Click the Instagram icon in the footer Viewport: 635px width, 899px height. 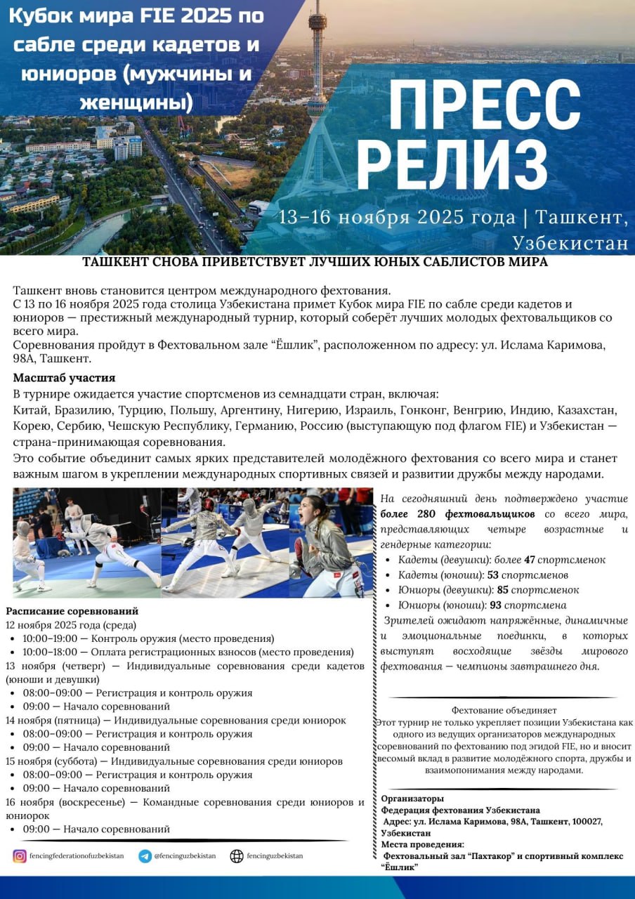20,856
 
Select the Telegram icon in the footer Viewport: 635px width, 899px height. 145,856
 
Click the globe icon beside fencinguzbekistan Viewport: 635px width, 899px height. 237,856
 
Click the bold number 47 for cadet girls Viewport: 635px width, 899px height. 530,560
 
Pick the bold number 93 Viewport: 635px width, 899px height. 495,605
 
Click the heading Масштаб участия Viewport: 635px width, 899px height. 64,378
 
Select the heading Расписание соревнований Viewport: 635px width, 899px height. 72,611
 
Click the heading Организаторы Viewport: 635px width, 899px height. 412,799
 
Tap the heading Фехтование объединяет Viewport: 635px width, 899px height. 504,710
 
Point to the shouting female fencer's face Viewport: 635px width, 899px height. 315,512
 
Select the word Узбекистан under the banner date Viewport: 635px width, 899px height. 570,243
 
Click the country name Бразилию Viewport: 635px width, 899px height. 86,410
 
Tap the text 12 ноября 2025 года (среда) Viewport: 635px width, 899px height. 71,625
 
